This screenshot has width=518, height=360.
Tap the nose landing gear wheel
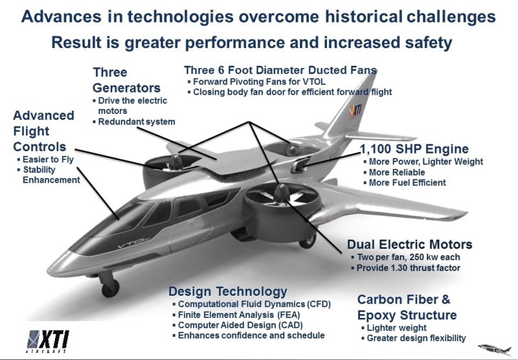coord(110,287)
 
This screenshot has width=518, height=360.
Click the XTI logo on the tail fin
coord(355,111)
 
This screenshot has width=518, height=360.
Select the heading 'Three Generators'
coord(126,80)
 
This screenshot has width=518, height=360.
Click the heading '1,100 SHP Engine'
coord(414,149)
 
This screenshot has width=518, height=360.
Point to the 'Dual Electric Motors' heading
coord(410,244)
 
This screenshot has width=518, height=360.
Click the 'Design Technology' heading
coord(228,291)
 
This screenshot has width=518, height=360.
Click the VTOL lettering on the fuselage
coord(134,243)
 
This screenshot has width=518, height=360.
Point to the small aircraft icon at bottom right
coord(495,348)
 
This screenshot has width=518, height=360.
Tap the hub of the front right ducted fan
coord(282,192)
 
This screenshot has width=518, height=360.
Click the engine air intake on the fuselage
coord(300,164)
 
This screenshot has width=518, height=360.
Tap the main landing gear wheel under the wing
coord(308,241)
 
